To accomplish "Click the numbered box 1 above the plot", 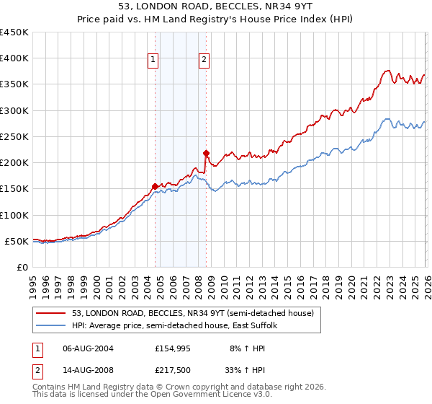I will (154, 61).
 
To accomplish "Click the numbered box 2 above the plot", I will (204, 61).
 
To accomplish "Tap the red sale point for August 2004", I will (155, 186).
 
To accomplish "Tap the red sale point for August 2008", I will (206, 153).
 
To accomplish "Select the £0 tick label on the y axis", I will (21, 267).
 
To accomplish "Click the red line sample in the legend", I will (51, 314).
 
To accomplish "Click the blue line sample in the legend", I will (51, 326).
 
